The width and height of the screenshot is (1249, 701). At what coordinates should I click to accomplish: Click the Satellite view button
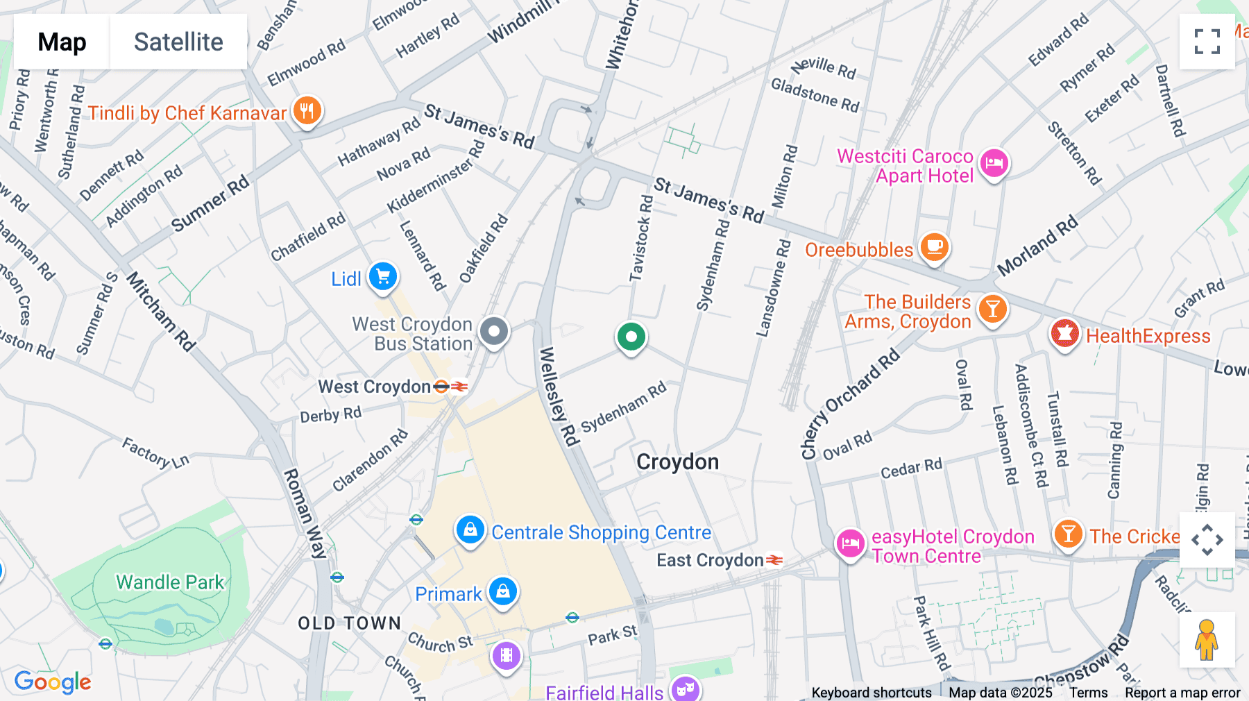pyautogui.click(x=178, y=42)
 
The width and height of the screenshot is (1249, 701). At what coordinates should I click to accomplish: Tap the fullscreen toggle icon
pyautogui.click(x=1207, y=42)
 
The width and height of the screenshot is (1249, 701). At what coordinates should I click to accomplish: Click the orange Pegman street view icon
pyautogui.click(x=1207, y=640)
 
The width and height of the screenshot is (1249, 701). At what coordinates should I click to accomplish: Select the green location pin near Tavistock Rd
pyautogui.click(x=631, y=338)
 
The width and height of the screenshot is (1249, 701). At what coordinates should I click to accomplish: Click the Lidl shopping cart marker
pyautogui.click(x=382, y=277)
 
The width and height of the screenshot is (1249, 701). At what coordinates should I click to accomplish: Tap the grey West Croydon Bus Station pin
pyautogui.click(x=494, y=332)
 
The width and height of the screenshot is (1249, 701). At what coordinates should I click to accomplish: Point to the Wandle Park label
pyautogui.click(x=170, y=582)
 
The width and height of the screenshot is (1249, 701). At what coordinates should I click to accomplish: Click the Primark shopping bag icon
pyautogui.click(x=503, y=592)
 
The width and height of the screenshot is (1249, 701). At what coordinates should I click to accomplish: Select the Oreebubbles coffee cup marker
pyautogui.click(x=934, y=247)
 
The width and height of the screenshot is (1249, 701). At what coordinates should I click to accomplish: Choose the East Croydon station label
pyautogui.click(x=710, y=560)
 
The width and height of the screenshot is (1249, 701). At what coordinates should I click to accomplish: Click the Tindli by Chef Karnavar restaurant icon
pyautogui.click(x=307, y=111)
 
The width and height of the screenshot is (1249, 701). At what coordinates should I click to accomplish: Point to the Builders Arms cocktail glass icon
pyautogui.click(x=992, y=310)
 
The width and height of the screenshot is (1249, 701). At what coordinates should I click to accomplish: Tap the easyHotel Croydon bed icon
pyautogui.click(x=850, y=543)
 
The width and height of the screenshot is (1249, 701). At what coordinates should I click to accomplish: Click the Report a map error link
pyautogui.click(x=1182, y=693)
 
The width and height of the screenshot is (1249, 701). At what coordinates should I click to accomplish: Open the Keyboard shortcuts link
pyautogui.click(x=872, y=693)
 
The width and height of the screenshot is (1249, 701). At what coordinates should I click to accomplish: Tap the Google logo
pyautogui.click(x=53, y=682)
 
